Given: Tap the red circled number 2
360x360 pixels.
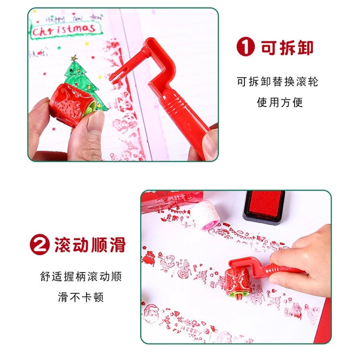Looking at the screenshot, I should pos(40,245).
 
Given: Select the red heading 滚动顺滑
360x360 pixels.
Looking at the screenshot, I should pos(90,244).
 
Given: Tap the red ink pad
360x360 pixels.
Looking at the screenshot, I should pos(264,205).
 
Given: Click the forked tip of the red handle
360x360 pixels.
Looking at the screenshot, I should pos(117,76).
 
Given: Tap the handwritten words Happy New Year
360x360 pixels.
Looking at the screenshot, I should pos(74,19).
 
